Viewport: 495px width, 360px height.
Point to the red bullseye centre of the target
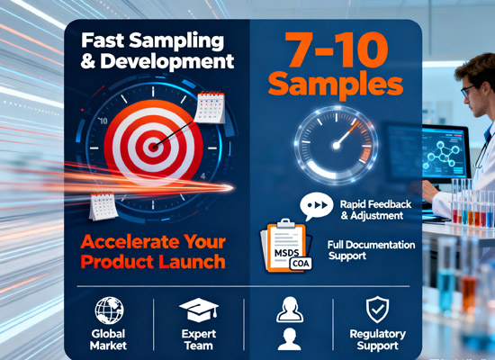(x=154, y=143)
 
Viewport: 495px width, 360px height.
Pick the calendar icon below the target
(x=103, y=207)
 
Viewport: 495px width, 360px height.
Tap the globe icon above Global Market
(x=109, y=311)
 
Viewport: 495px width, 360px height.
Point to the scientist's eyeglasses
(x=468, y=91)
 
